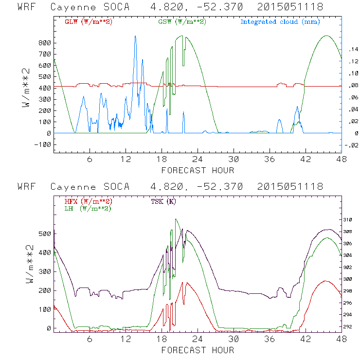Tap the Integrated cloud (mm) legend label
tap(280, 22)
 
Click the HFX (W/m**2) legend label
tap(88, 201)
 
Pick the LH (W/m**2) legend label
tap(88, 208)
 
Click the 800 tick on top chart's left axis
tap(45, 43)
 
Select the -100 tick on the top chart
tap(43, 144)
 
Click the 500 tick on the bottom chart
tap(45, 234)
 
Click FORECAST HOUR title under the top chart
tap(198, 170)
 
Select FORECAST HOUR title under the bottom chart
tap(198, 350)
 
